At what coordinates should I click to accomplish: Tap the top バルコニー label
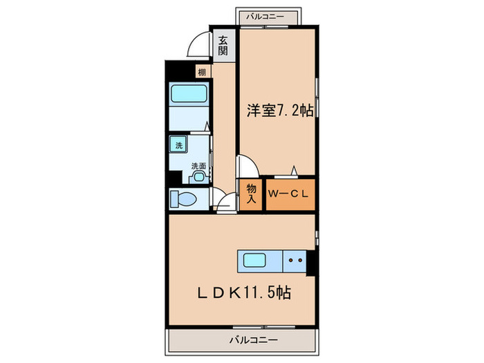click(265, 15)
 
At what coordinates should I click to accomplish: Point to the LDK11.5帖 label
click(240, 293)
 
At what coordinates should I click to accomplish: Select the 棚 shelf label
click(201, 72)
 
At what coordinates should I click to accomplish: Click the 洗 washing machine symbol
click(178, 146)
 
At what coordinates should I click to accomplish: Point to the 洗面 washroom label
click(198, 166)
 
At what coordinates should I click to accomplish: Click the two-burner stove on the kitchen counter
click(296, 261)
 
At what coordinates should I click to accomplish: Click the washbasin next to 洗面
click(199, 177)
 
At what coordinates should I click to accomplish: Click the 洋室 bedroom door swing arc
click(248, 167)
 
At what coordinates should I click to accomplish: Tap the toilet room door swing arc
click(224, 201)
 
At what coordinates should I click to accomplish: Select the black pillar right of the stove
click(311, 262)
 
